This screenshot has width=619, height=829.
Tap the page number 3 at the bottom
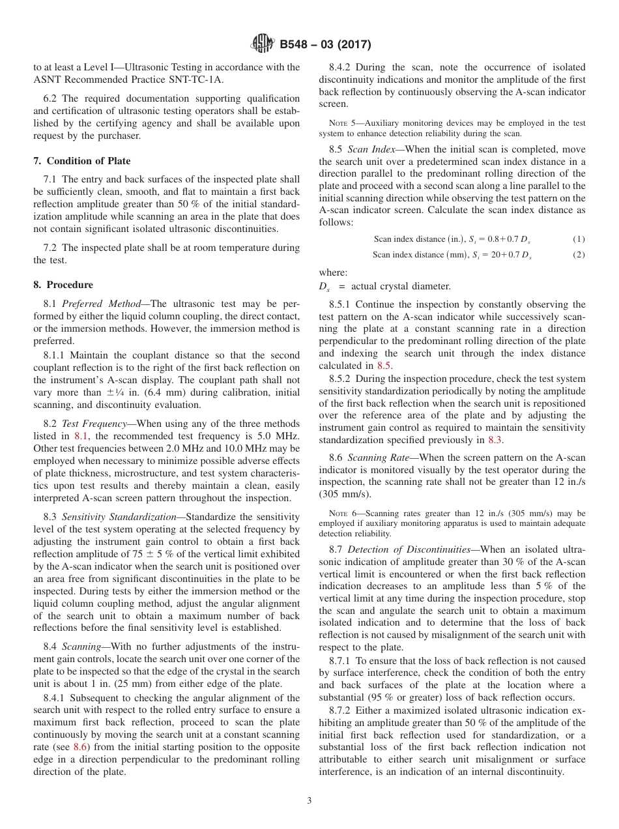(x=309, y=801)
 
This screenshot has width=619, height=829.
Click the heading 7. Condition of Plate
(x=81, y=161)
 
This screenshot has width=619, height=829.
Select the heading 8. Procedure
(x=63, y=285)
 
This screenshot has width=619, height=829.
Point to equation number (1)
(x=578, y=239)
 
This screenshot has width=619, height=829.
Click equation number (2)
(x=578, y=255)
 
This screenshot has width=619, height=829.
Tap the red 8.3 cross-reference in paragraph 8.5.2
(x=495, y=440)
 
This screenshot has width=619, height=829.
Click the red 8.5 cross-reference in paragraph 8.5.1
(x=385, y=366)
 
